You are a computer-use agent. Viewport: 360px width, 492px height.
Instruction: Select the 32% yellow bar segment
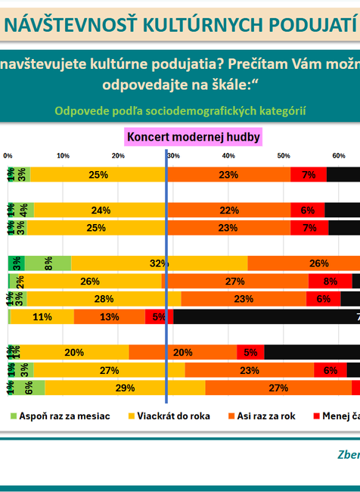point(159,263)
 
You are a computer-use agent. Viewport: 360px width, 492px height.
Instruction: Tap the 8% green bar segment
point(48,263)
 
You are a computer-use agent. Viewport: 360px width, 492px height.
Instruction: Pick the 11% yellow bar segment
point(42,317)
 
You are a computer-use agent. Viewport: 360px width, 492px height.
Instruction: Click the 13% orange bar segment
point(110,317)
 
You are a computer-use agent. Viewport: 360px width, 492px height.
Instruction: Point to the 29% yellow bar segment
point(125,388)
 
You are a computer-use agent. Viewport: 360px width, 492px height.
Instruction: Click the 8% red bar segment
point(330,282)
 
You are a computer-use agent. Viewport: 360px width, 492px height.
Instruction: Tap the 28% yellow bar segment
point(104,299)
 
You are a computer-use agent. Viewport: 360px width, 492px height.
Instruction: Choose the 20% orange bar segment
point(183,352)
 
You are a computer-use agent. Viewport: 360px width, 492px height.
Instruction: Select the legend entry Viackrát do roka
point(173,416)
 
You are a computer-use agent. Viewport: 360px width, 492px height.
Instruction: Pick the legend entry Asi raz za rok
point(271,416)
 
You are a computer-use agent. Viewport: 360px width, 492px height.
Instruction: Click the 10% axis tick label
point(63,155)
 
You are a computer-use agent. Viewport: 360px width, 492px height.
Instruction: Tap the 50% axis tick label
point(283,155)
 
